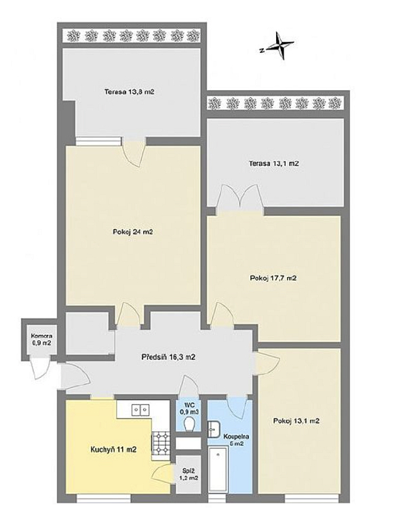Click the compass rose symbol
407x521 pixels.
tap(281, 46)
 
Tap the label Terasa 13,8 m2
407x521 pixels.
tap(130, 92)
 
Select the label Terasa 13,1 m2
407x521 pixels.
tap(274, 164)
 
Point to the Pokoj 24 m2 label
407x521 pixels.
tap(133, 232)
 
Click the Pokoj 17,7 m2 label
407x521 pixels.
tap(273, 278)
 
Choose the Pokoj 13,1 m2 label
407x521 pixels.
tap(296, 421)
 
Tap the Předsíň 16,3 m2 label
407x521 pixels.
tap(168, 357)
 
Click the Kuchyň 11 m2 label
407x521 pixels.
tap(113, 450)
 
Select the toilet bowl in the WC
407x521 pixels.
tap(189, 424)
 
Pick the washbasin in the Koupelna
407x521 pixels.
tap(212, 429)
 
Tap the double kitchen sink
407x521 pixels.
tap(141, 410)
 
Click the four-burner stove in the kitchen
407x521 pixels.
tap(161, 444)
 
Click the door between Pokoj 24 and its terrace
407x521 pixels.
tap(134, 154)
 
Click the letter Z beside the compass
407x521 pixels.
tap(262, 51)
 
